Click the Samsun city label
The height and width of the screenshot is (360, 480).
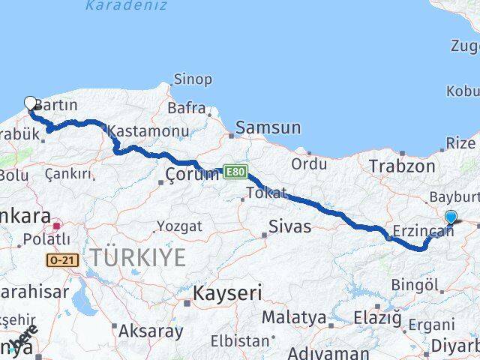(268, 128)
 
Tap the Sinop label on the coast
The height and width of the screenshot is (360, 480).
(193, 79)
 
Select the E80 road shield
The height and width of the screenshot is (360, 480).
(233, 172)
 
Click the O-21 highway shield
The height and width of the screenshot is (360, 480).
(62, 259)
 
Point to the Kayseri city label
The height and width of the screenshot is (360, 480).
(228, 292)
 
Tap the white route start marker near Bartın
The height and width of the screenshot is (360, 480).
(30, 103)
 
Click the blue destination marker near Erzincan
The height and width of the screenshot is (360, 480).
(451, 217)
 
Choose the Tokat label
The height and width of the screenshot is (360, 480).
(266, 193)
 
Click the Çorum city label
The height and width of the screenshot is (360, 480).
(191, 175)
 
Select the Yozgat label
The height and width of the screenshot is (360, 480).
(179, 226)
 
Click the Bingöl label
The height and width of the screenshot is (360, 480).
(415, 285)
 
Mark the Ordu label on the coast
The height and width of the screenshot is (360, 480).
(309, 163)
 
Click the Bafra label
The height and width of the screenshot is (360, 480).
(186, 109)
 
